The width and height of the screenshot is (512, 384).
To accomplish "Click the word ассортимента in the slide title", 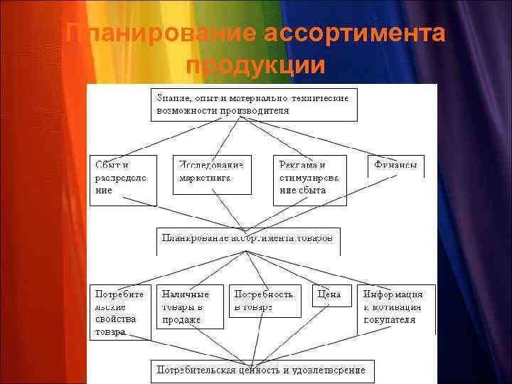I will tap(354, 33).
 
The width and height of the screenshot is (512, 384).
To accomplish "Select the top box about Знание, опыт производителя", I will tap(253, 105).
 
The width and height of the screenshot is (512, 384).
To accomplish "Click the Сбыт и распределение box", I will tap(122, 180).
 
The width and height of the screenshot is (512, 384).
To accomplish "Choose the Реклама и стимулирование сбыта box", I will tap(309, 180).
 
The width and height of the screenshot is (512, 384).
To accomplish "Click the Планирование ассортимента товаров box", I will tap(247, 240).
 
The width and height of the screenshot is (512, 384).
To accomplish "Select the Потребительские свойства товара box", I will tap(120, 312).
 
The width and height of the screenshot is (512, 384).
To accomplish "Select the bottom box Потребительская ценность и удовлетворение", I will tap(262, 370).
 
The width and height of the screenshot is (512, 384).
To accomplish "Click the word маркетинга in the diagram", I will tap(205, 178).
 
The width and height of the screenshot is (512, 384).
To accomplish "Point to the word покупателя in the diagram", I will tap(390, 320).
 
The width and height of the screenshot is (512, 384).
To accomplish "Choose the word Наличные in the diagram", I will tap(185, 294).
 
